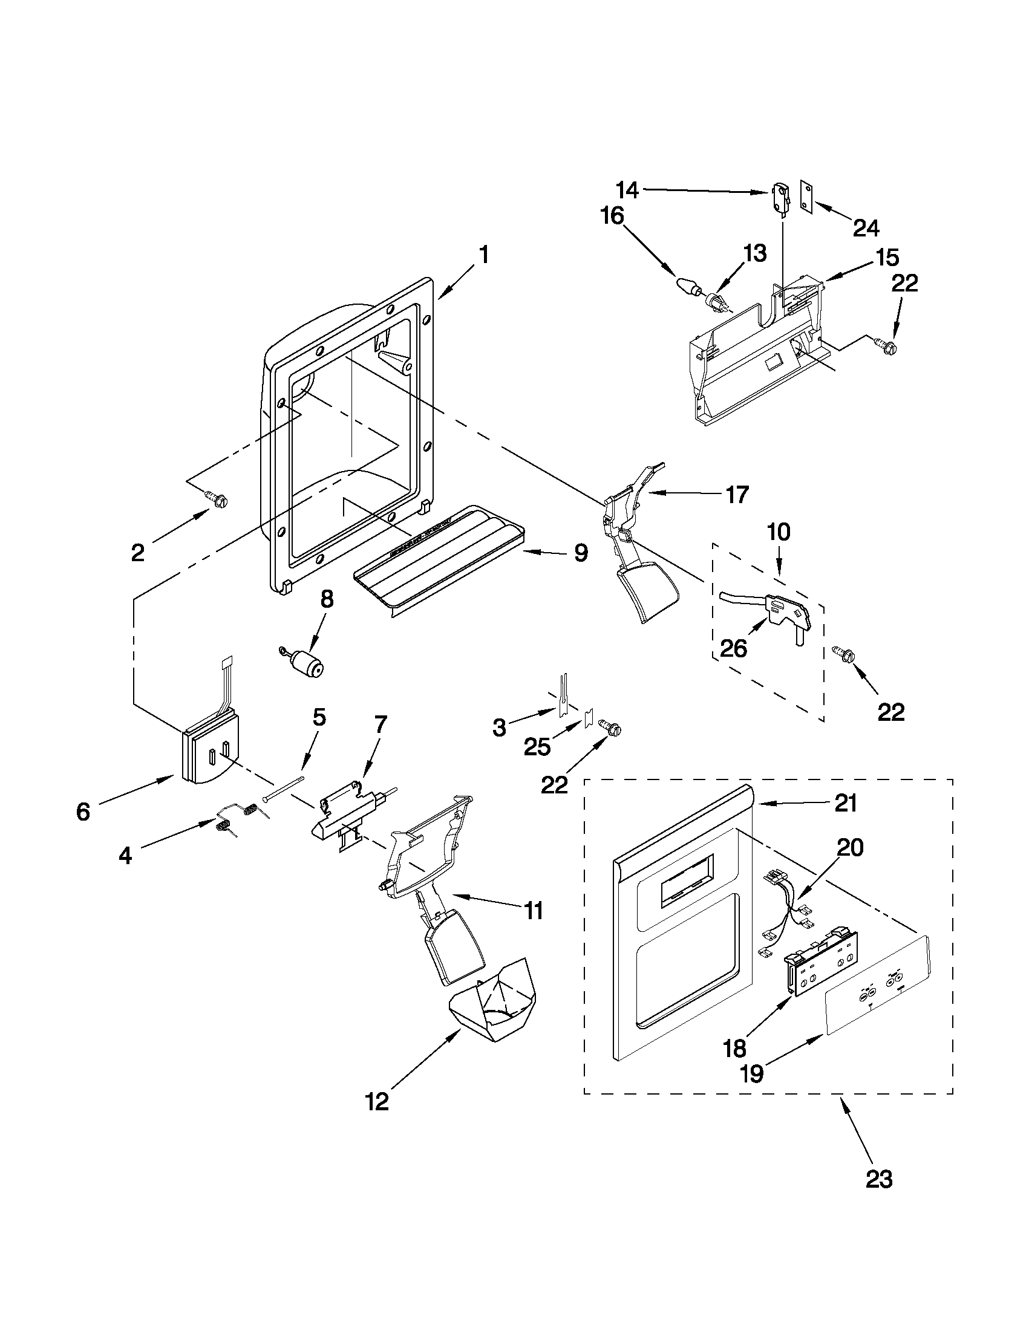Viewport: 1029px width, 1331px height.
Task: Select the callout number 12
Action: [x=377, y=1102]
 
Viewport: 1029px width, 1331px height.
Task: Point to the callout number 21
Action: [x=846, y=804]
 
